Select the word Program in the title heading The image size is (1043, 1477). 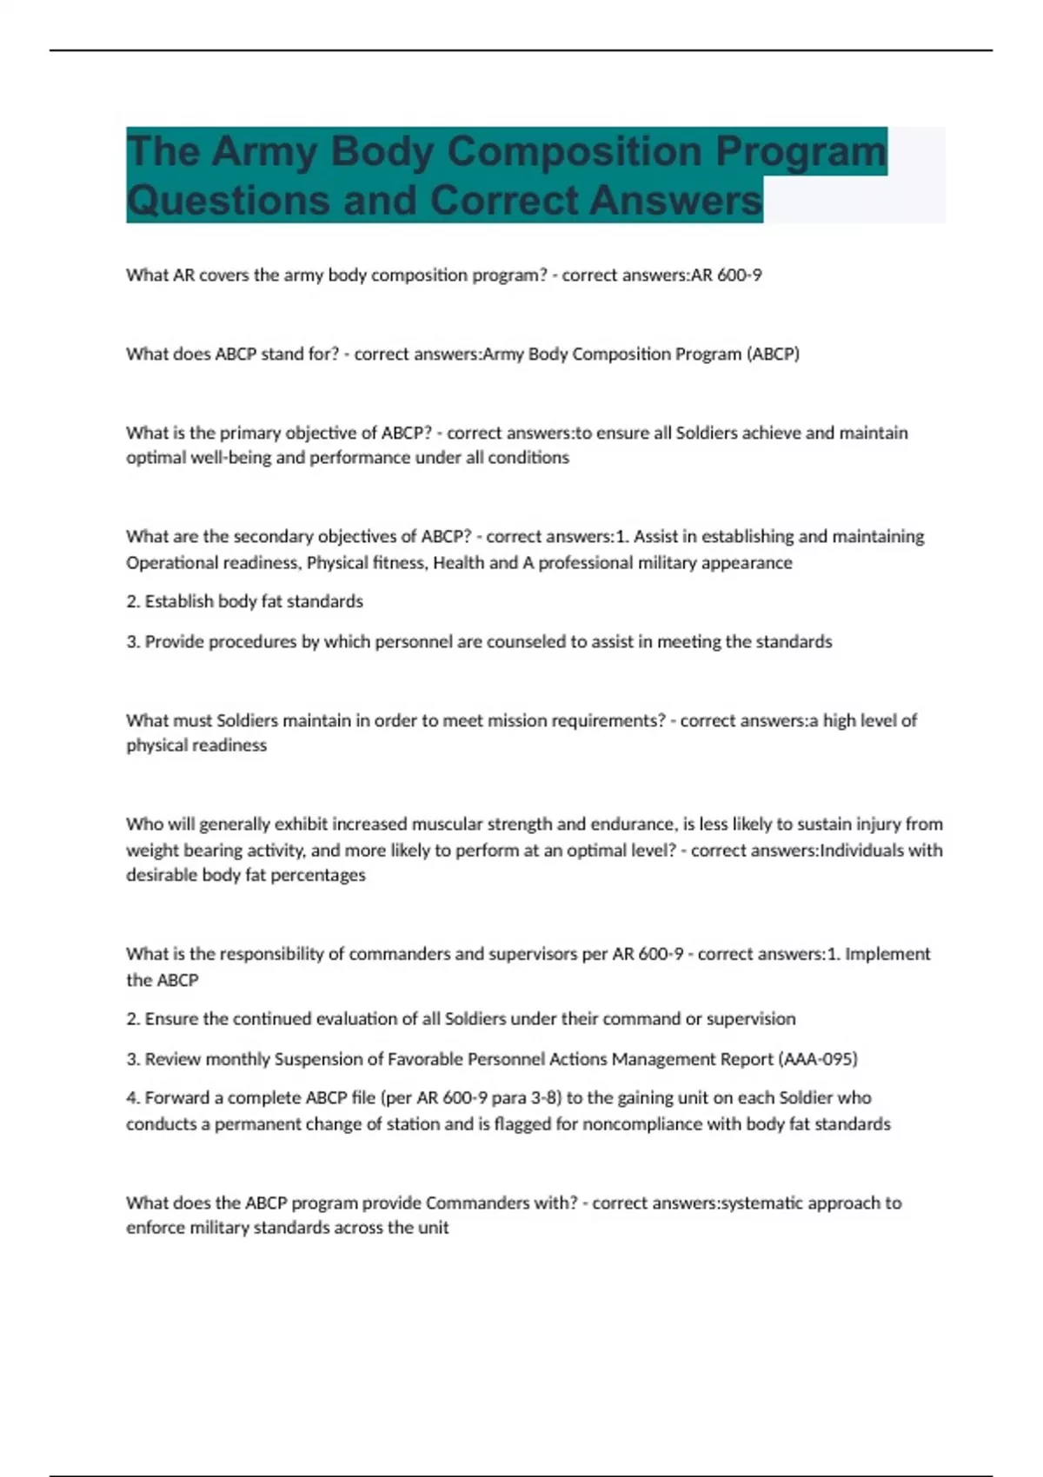(801, 151)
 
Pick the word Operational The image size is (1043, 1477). (169, 562)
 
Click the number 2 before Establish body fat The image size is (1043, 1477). (132, 601)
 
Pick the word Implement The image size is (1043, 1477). (887, 954)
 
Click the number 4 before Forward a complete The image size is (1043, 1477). (132, 1098)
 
